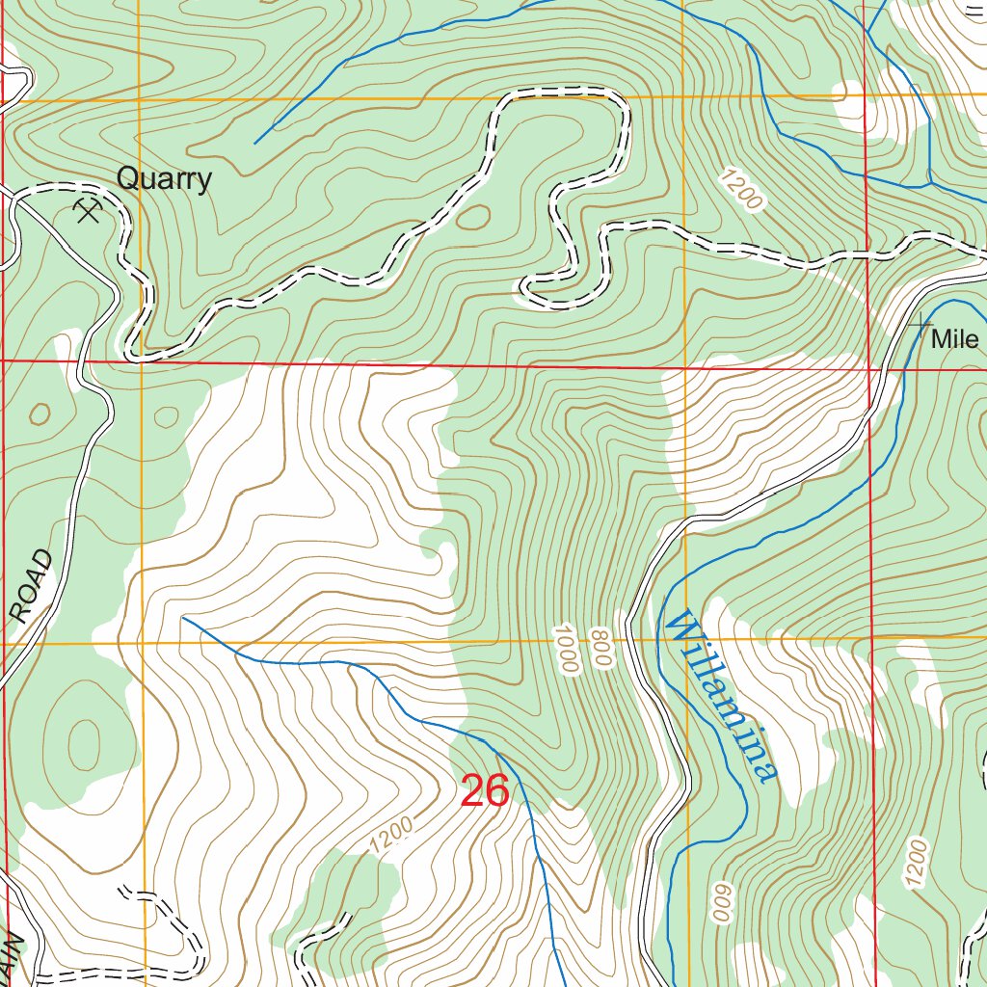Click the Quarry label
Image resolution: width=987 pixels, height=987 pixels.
pyautogui.click(x=164, y=179)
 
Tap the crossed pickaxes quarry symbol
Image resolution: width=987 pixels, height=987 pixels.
pyautogui.click(x=89, y=210)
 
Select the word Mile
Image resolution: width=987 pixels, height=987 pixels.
pyautogui.click(x=954, y=339)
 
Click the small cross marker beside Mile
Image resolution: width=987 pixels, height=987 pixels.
pyautogui.click(x=921, y=324)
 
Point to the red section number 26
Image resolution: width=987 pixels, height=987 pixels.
pyautogui.click(x=484, y=791)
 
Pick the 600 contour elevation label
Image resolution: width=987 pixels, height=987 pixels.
pyautogui.click(x=720, y=902)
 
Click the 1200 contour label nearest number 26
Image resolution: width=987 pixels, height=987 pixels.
pyautogui.click(x=391, y=835)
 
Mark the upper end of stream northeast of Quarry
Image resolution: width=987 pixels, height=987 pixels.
pyautogui.click(x=255, y=144)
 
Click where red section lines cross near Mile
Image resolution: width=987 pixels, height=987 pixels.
pyautogui.click(x=869, y=368)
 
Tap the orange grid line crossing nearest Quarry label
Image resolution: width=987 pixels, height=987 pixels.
pyautogui.click(x=140, y=98)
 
